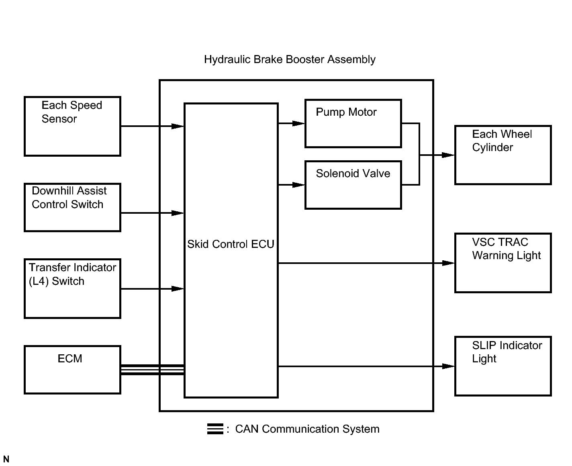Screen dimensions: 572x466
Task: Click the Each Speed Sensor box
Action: [73, 126]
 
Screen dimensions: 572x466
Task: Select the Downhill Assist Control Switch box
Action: [73, 207]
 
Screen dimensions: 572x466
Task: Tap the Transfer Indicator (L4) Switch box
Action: [73, 289]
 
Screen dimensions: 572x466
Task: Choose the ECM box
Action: [73, 370]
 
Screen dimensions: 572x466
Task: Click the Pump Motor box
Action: [353, 124]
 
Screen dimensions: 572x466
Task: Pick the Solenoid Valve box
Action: [353, 185]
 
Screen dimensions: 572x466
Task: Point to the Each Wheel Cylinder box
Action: [503, 155]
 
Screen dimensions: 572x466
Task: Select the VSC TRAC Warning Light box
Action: [503, 263]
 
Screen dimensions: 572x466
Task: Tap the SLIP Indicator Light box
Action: [503, 366]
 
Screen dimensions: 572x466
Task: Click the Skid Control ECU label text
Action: [231, 244]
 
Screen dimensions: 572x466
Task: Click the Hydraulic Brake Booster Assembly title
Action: [290, 59]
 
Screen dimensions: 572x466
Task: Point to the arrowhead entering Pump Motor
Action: [298, 124]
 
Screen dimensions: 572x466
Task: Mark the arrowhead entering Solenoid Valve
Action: [298, 185]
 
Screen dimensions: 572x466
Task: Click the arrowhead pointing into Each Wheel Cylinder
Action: [448, 155]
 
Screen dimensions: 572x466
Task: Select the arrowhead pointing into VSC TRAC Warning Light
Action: [448, 263]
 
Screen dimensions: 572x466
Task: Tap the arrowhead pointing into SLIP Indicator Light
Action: [448, 366]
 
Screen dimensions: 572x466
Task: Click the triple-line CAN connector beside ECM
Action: [153, 370]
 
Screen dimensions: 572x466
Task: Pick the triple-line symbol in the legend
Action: [215, 429]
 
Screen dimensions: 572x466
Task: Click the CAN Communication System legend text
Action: [307, 429]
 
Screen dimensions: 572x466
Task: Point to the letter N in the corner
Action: [6, 459]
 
